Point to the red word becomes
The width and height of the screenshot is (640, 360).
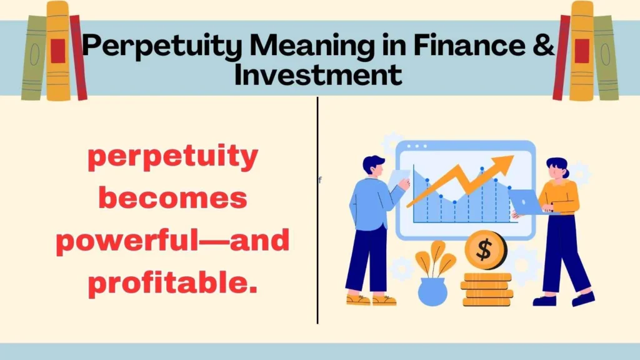(x=173, y=199)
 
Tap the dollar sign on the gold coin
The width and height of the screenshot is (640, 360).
(x=484, y=250)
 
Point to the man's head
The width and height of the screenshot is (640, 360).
(x=372, y=167)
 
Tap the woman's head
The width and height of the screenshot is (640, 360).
(x=556, y=167)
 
